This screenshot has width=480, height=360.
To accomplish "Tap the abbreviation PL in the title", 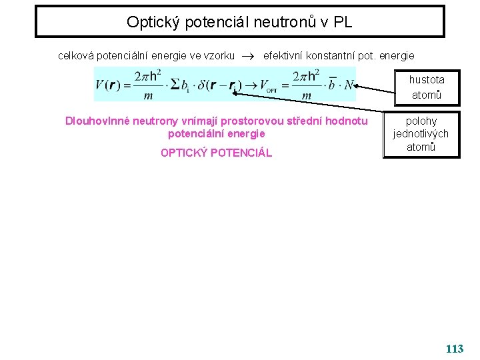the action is pyautogui.click(x=341, y=22).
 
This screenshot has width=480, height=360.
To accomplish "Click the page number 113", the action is pyautogui.click(x=454, y=349).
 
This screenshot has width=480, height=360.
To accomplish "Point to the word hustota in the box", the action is pyautogui.click(x=427, y=79).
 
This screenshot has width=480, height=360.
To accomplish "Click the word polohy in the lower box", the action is pyautogui.click(x=421, y=121).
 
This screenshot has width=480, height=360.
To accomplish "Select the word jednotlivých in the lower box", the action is pyautogui.click(x=421, y=133).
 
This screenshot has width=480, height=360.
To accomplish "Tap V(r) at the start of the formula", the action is pyautogui.click(x=109, y=85).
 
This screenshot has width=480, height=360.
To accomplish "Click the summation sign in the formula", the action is pyautogui.click(x=176, y=85).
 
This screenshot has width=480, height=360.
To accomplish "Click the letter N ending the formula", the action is pyautogui.click(x=348, y=85).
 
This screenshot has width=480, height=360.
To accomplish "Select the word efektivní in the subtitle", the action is pyautogui.click(x=285, y=56).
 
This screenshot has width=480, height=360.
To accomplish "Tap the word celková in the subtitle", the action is pyautogui.click(x=77, y=56).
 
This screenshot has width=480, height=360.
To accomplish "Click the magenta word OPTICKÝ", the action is pyautogui.click(x=183, y=153).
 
